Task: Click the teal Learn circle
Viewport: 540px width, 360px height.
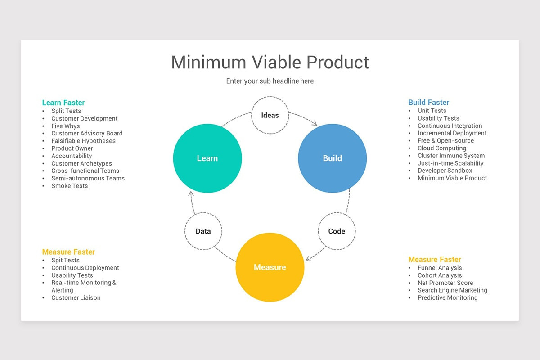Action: tap(207, 158)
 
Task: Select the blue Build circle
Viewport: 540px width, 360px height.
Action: tap(333, 158)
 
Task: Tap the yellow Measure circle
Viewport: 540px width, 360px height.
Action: tap(270, 267)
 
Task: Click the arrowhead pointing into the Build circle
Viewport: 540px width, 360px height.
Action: tap(315, 123)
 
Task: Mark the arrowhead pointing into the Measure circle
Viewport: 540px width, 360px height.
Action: tap(308, 259)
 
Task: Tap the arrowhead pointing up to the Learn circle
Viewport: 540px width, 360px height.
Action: tap(191, 193)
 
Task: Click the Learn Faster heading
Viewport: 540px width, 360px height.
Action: tap(63, 103)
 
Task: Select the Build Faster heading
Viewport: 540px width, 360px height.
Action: tap(428, 103)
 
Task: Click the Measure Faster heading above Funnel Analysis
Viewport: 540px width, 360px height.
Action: tap(435, 260)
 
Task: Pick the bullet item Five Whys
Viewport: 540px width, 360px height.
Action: tap(66, 126)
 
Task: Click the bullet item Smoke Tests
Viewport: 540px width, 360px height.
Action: tap(70, 186)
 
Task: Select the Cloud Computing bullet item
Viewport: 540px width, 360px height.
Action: tap(442, 148)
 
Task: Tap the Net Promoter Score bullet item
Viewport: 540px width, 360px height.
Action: tap(445, 283)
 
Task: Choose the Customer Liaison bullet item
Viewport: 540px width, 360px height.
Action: tap(76, 298)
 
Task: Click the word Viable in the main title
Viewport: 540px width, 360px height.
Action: tap(276, 62)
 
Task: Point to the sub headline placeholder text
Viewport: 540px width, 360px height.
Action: tap(270, 81)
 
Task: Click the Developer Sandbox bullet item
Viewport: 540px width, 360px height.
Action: tap(445, 171)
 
